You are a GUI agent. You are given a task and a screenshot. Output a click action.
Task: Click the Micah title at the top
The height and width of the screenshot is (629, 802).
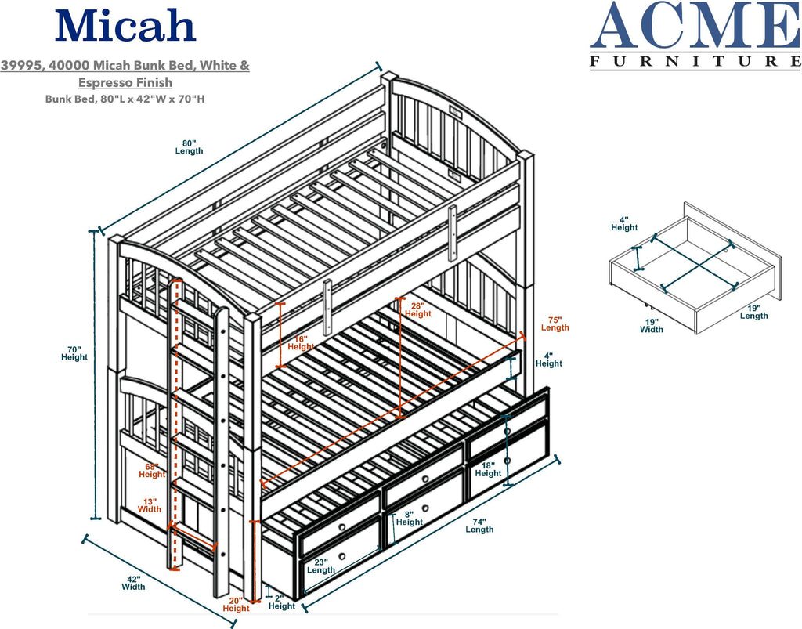click(125, 26)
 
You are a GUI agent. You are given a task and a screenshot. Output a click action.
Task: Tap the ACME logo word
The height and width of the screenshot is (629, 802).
click(695, 26)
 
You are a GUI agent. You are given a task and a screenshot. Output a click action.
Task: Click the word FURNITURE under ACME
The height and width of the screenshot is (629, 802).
click(695, 61)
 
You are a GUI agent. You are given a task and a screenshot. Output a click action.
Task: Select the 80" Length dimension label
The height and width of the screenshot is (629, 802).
click(190, 146)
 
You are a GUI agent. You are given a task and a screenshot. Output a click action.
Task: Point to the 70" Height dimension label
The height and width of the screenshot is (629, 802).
click(74, 353)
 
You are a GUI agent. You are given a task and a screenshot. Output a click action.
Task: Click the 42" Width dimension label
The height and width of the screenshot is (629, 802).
click(133, 583)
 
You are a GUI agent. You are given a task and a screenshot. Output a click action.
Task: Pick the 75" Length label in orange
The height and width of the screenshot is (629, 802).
click(555, 324)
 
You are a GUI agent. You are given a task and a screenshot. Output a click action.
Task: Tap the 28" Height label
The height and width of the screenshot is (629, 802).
click(418, 310)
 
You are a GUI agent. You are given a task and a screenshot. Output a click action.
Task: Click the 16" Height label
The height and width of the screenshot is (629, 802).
click(301, 342)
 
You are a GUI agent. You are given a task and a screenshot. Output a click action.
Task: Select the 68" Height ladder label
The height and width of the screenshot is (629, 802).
click(152, 471)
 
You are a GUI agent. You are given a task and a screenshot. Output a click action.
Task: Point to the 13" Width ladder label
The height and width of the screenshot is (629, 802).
click(150, 506)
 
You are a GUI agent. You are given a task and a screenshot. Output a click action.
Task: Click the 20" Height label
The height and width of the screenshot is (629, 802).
click(236, 605)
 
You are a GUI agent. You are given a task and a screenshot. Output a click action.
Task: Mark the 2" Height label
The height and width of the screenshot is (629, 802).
click(282, 602)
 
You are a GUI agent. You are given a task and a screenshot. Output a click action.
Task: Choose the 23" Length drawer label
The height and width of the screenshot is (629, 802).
click(321, 566)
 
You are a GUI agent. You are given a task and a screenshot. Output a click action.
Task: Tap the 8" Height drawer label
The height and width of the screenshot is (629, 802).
click(409, 518)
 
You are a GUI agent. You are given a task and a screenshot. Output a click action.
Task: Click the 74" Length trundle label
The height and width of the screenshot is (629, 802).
click(479, 526)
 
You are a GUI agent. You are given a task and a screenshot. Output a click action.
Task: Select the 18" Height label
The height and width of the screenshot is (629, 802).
click(488, 469)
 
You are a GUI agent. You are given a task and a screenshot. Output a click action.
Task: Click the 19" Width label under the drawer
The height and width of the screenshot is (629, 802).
click(652, 326)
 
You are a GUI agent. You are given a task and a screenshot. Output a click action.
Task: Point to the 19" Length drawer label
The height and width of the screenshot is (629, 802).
click(754, 312)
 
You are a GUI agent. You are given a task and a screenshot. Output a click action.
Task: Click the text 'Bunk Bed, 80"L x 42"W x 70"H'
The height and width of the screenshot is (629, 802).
click(125, 99)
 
